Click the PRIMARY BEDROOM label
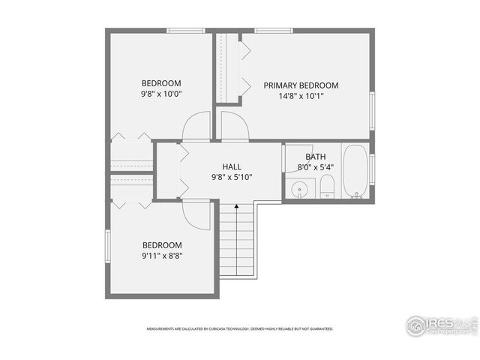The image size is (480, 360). tap(301, 85)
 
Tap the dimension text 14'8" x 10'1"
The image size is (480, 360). tap(301, 97)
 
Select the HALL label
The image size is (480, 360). tap(232, 166)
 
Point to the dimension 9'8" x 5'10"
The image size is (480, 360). tap(232, 178)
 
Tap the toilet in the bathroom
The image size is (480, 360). tap(328, 187)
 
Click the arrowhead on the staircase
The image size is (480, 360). tap(236, 205)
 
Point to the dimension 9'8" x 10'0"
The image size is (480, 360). tap(162, 94)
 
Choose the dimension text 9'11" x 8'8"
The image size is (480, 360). tap(163, 256)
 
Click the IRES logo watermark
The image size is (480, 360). tap(441, 325)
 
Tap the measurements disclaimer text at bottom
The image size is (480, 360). tap(239, 328)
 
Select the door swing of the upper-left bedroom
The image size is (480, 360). tap(196, 126)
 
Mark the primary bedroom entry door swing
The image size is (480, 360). tap(234, 126)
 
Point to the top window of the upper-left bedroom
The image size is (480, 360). tap(186, 31)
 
